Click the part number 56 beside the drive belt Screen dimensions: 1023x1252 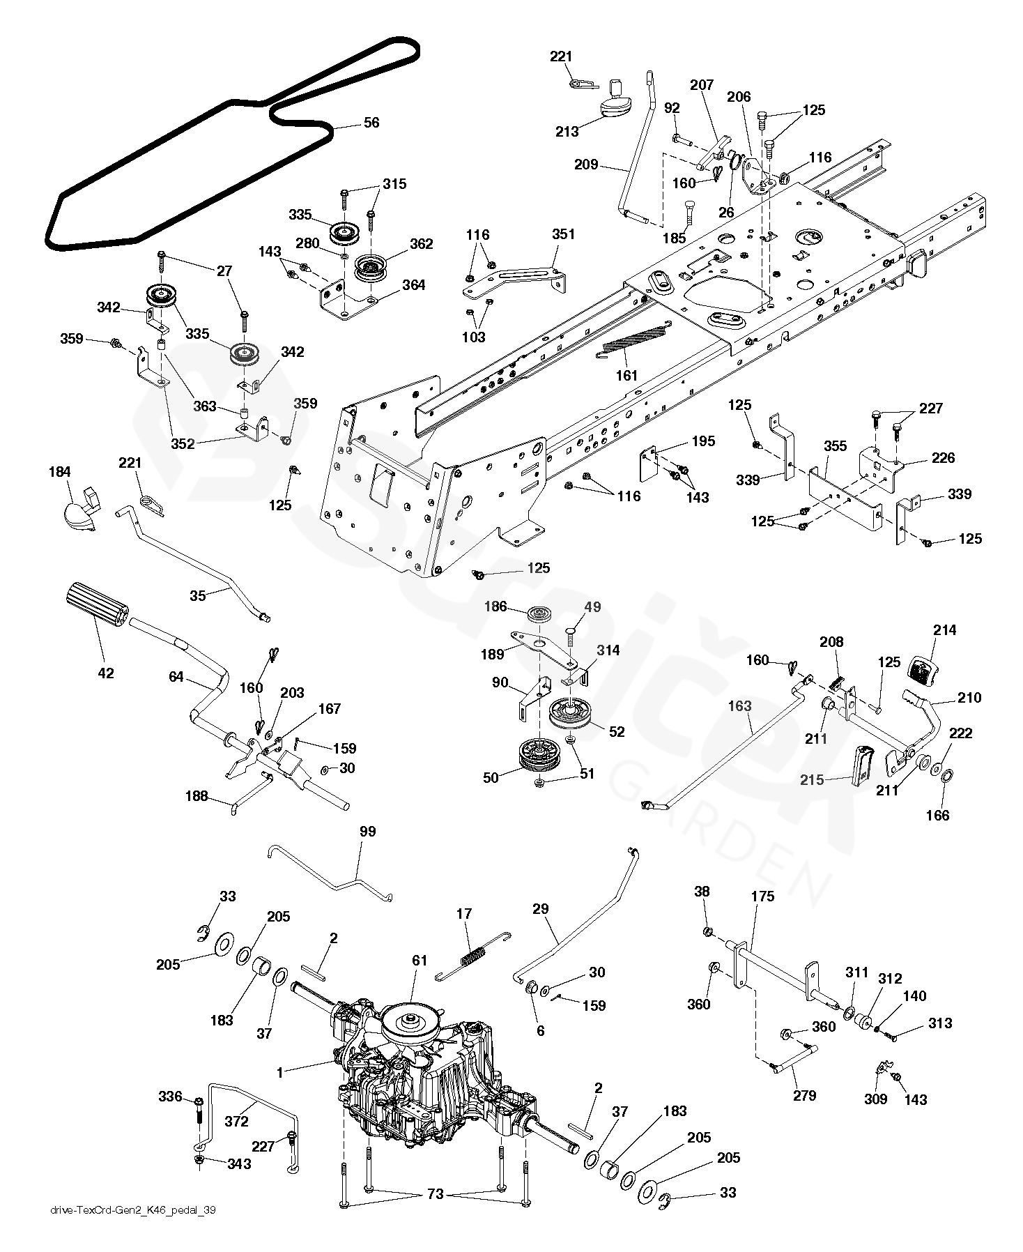point(371,123)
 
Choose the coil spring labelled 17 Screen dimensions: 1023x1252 point(473,955)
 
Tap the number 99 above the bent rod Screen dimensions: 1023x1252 point(367,832)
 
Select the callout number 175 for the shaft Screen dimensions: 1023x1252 point(763,896)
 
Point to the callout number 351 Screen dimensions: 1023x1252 point(563,234)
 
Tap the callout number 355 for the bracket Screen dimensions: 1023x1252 point(835,445)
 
